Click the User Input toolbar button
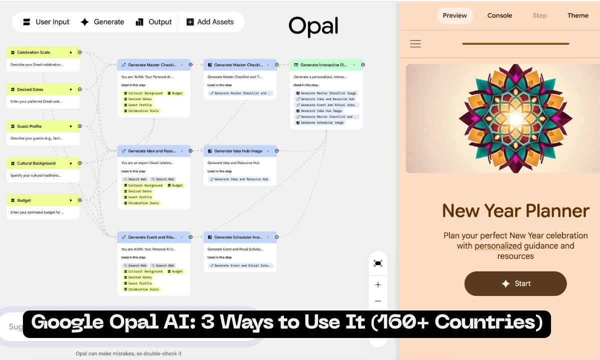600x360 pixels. pos(46,22)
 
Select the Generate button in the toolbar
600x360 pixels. pos(102,22)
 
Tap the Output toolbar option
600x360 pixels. pos(153,22)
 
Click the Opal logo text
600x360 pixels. pos(313,26)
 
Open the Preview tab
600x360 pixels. pos(454,15)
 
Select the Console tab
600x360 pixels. pos(499,15)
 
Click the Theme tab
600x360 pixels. pos(577,15)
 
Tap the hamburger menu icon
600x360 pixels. pos(415,44)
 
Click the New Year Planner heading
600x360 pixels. pos(515,210)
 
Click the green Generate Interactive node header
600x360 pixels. pos(325,65)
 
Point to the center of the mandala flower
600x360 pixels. pos(515,118)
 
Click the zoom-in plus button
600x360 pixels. pos(378,285)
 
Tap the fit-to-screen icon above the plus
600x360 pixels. pos(378,263)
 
